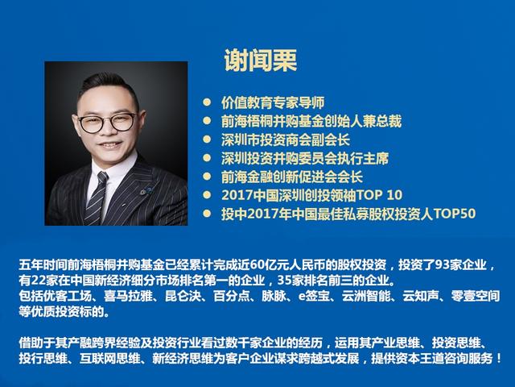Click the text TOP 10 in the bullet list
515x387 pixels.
point(377,195)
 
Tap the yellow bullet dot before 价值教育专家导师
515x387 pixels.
point(206,103)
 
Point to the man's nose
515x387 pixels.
point(111,134)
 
